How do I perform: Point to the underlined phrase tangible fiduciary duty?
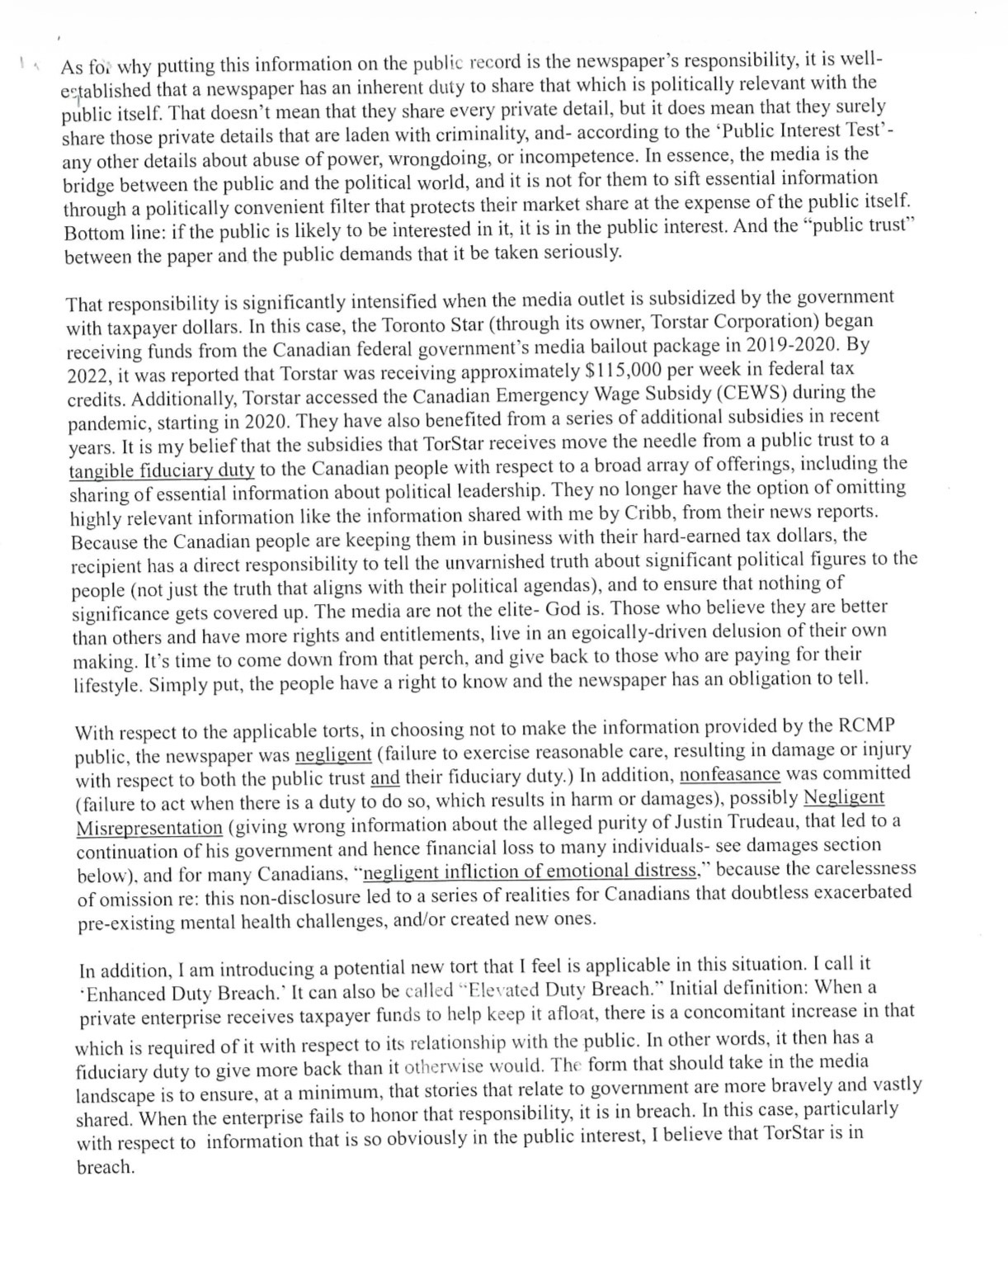click(162, 470)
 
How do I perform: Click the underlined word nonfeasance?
click(729, 775)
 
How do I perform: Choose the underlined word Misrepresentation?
click(149, 828)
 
